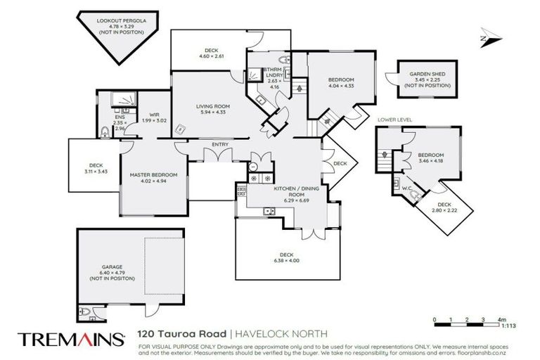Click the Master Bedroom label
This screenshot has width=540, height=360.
153,174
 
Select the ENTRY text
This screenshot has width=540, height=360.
220,145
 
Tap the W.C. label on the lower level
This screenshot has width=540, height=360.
406,187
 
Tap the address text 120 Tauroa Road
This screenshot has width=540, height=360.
181,333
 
